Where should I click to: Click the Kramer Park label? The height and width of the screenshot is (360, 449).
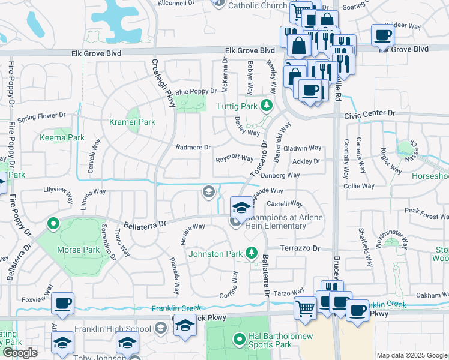pos(131,122)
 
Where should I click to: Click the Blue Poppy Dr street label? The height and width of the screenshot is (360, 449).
pos(196,91)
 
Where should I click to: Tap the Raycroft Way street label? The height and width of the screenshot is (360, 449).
pos(235,159)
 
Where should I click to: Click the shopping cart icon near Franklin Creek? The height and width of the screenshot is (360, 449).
pos(305,308)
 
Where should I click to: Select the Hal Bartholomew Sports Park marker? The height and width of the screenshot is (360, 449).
pos(239,340)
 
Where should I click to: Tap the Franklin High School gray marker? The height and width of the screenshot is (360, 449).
pos(161,328)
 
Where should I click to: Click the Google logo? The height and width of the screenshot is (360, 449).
pos(20,353)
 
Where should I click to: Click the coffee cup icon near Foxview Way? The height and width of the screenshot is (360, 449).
pos(62,304)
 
